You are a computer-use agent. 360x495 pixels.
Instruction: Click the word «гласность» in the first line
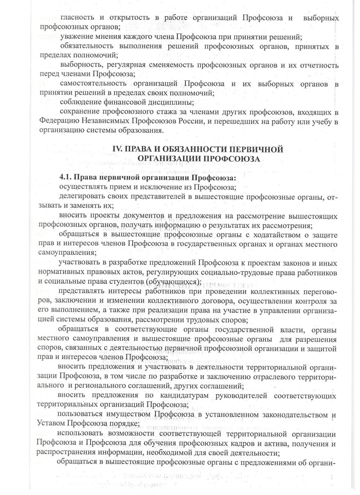click(76, 18)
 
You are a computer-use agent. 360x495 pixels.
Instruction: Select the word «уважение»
click(76, 37)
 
